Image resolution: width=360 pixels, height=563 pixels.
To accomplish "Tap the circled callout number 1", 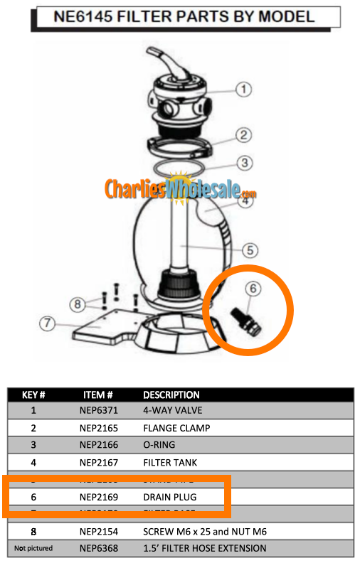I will point(244,90).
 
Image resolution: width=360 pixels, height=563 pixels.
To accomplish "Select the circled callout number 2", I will point(243,134).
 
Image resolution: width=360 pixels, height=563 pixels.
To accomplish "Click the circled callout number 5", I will point(249,250).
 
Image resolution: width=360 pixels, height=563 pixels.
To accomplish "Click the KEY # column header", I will point(33,395).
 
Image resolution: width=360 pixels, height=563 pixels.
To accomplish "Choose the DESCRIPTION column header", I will point(171,395).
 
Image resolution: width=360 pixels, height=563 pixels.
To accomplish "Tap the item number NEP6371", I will point(98,410).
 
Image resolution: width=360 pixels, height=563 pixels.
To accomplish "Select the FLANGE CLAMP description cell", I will point(176,428).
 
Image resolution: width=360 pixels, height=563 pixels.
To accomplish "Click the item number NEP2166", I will point(98,445).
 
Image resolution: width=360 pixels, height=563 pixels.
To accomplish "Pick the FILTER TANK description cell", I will point(170,463).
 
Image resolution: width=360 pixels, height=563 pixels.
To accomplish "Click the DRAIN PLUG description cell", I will point(169,497).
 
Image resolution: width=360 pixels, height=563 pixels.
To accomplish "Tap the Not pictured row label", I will point(33,548).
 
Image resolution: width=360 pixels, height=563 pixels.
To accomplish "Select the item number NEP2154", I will point(98,531).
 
